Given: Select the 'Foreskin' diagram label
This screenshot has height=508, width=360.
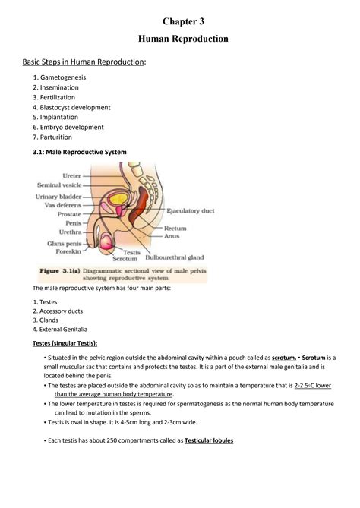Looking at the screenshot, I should [x=68, y=251].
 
